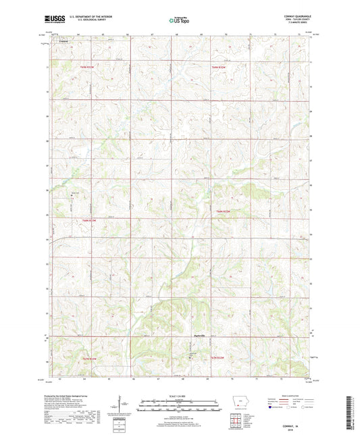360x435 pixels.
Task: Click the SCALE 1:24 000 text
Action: pos(179,394)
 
